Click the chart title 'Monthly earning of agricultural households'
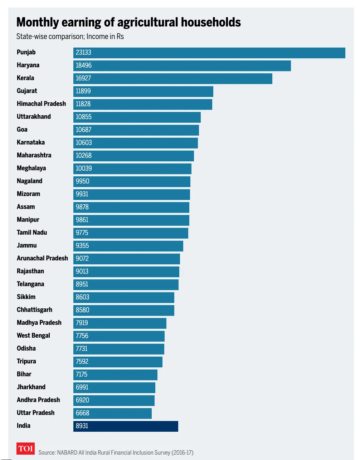128,22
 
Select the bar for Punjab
209,53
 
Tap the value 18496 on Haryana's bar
83,65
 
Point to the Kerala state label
25,78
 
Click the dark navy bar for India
126,426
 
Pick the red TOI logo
26,449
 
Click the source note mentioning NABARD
116,452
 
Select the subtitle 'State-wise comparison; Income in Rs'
70,36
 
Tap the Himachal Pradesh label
41,104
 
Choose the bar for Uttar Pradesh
112,413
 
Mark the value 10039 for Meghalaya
83,168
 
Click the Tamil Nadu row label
32,233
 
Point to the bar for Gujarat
143,91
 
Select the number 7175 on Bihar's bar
81,375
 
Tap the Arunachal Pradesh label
42,258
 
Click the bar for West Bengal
119,336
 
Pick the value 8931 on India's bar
82,426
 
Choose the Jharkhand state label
31,387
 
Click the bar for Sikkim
124,297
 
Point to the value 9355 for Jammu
82,246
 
